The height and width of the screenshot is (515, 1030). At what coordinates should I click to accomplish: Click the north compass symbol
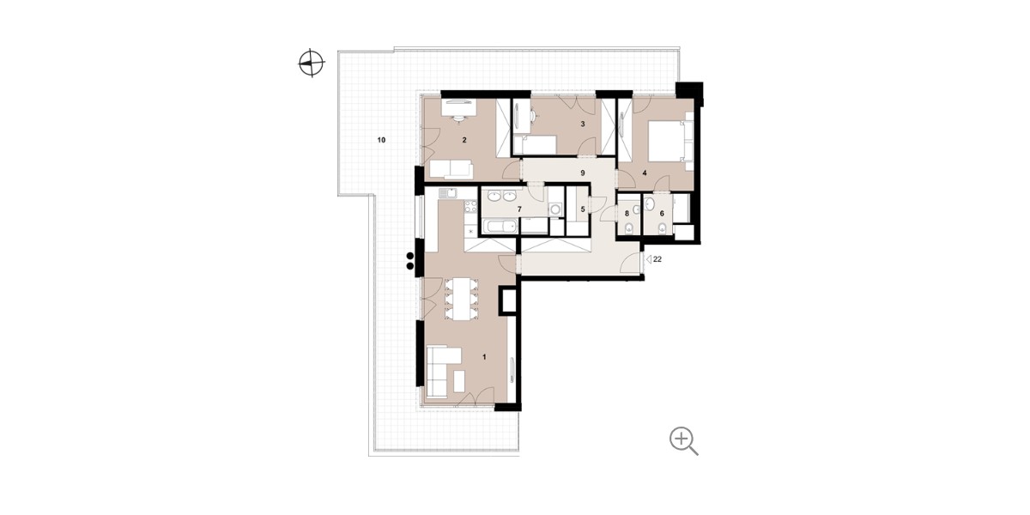(312, 63)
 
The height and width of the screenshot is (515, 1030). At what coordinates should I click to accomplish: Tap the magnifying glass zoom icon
(683, 440)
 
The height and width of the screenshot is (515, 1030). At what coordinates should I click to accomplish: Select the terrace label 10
(381, 140)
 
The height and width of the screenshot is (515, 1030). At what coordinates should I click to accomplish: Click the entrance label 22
(657, 259)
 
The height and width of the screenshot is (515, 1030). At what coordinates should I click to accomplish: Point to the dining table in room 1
(139, 300)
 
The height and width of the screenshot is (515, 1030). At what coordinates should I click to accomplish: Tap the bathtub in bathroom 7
(501, 227)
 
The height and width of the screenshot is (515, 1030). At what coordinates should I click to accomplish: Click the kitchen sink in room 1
(125, 193)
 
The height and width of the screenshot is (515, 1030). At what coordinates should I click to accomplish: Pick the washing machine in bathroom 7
(555, 209)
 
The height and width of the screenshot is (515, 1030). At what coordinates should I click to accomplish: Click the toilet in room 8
(628, 228)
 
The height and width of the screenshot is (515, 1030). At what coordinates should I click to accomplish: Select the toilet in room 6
(662, 228)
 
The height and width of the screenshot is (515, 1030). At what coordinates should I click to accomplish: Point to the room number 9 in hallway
(583, 173)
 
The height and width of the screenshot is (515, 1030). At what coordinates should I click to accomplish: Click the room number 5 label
(583, 209)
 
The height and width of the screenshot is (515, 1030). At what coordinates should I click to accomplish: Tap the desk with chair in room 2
(136, 111)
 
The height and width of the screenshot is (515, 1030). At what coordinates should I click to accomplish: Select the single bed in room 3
(534, 144)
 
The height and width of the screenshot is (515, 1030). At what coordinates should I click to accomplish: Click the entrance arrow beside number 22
(648, 260)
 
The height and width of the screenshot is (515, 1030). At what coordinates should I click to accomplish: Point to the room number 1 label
(484, 357)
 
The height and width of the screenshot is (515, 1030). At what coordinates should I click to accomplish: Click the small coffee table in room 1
(138, 381)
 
